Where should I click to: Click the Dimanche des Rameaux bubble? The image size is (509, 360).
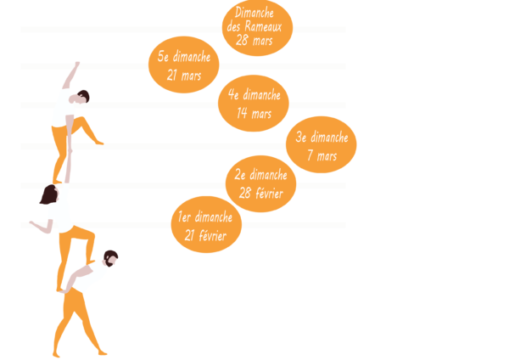(257, 27)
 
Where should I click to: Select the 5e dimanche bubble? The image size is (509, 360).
(184, 65)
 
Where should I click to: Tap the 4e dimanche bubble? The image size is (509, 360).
(254, 104)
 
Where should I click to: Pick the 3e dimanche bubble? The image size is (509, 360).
(322, 145)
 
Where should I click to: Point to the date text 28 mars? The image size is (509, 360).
(255, 41)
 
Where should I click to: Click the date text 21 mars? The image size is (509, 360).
(184, 76)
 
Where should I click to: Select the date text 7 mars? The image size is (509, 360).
(322, 156)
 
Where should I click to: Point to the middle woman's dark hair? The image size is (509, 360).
(48, 196)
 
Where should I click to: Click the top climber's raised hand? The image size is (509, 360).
(77, 64)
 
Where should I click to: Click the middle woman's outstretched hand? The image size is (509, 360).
(31, 223)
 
